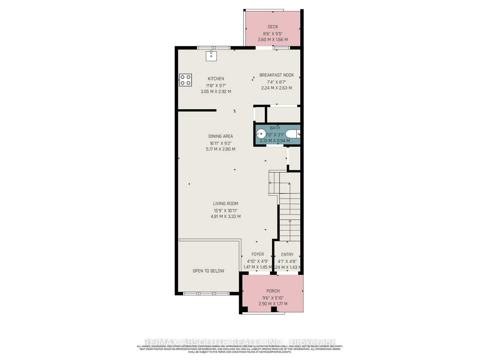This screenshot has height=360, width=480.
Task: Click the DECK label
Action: pyautogui.click(x=273, y=27)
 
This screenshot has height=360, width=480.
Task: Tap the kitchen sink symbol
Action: pyautogui.click(x=211, y=56)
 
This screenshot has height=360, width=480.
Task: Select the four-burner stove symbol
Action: pyautogui.click(x=185, y=80)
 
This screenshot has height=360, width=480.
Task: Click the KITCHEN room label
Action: pyautogui.click(x=216, y=79)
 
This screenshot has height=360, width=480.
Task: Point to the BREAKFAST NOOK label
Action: pyautogui.click(x=277, y=75)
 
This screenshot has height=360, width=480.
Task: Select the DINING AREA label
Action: pyautogui.click(x=221, y=136)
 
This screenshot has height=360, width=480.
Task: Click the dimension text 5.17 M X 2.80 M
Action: pyautogui.click(x=221, y=149)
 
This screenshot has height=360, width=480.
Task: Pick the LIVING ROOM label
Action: pyautogui.click(x=226, y=203)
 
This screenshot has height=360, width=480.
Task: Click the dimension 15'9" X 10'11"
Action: pyautogui.click(x=226, y=210)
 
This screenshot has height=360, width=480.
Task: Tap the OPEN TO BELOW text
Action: pyautogui.click(x=208, y=271)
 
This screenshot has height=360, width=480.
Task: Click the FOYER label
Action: pyautogui.click(x=258, y=254)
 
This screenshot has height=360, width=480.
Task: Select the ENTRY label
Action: pyautogui.click(x=287, y=254)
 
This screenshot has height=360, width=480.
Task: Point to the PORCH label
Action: pyautogui.click(x=273, y=291)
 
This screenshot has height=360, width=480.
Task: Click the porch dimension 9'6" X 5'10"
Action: pyautogui.click(x=273, y=298)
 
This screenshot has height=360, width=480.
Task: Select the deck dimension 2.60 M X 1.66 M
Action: pyautogui.click(x=273, y=40)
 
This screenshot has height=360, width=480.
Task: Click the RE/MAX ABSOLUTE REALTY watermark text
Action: pyautogui.click(x=240, y=342)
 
